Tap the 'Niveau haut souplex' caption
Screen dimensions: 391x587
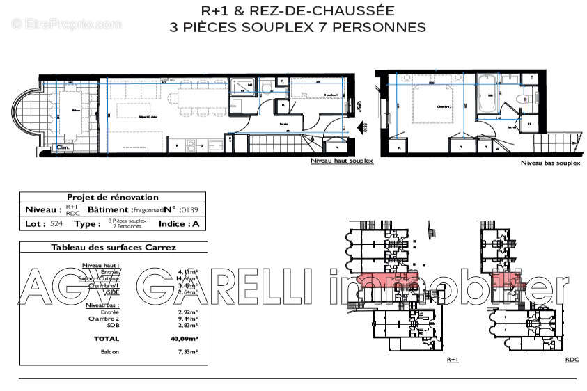pos(342,161)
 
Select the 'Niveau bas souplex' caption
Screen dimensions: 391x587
pos(550,163)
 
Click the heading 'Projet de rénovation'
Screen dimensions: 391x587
pos(112,197)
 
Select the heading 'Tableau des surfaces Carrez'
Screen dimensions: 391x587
pos(114,247)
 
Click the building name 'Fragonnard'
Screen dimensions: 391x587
pos(149,209)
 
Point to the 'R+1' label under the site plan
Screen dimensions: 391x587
pos(453,360)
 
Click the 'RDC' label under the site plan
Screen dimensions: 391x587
pos(572,360)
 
